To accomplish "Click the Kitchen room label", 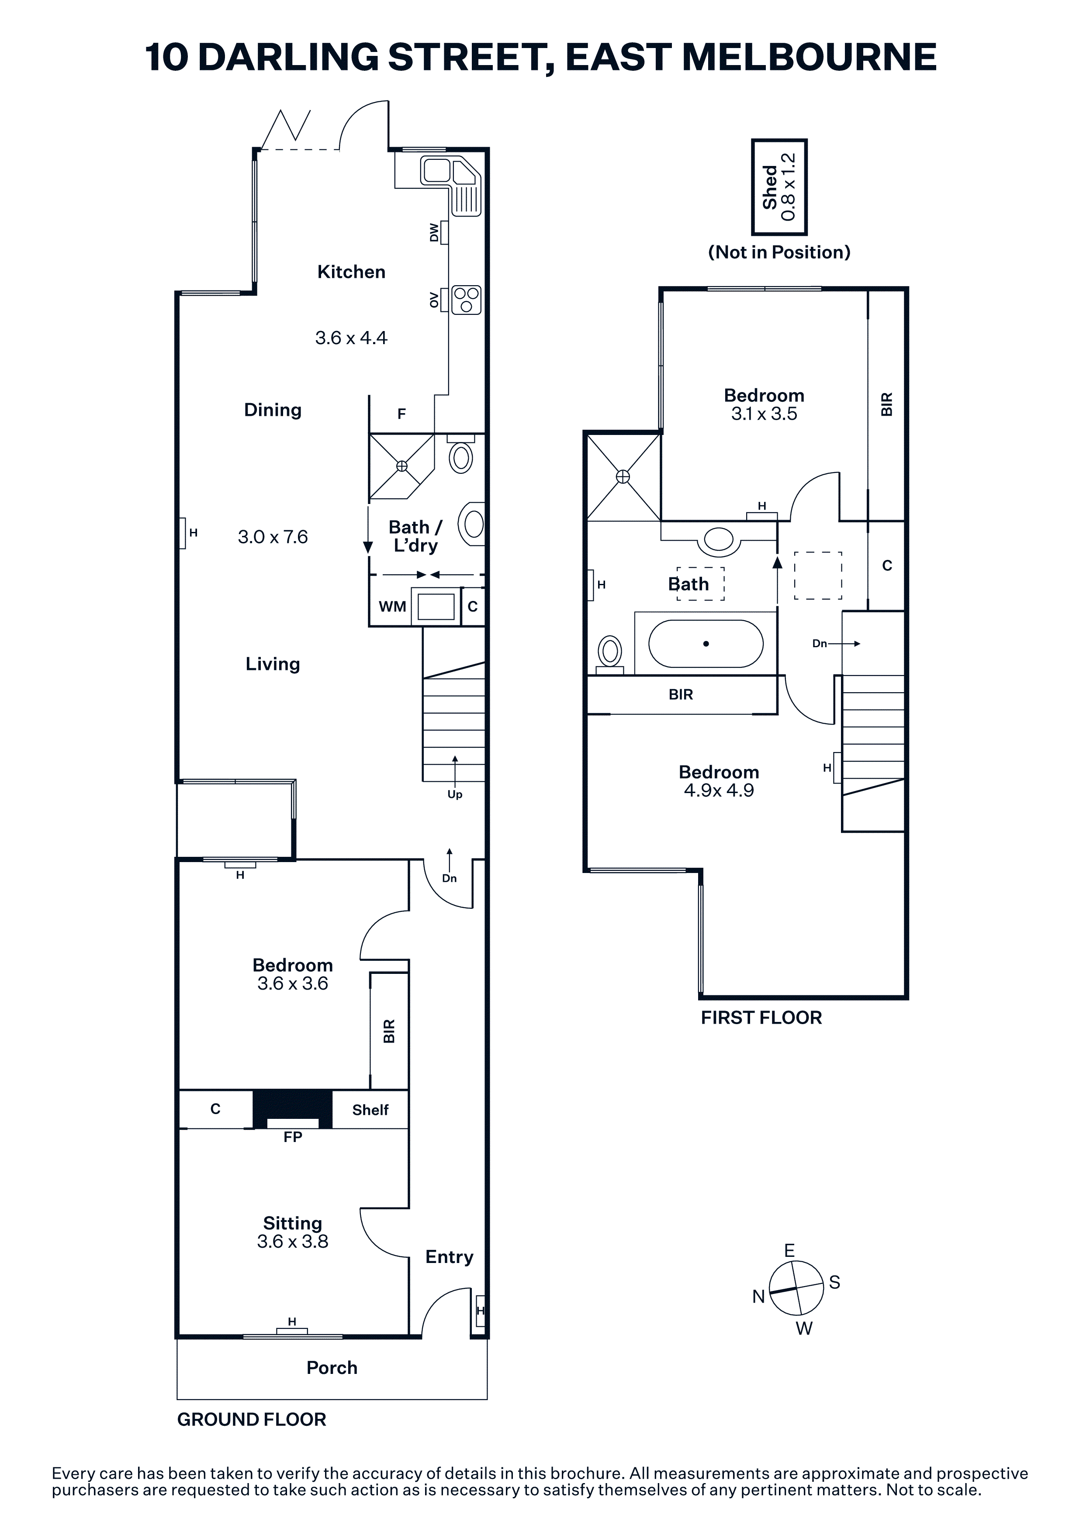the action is [x=351, y=272].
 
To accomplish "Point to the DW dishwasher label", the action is [x=434, y=233].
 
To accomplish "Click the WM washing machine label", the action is [x=392, y=607].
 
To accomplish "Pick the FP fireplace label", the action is [x=292, y=1137].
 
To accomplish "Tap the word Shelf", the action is [x=370, y=1110].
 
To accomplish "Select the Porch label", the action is [x=332, y=1368].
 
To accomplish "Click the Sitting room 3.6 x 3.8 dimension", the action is [x=292, y=1241].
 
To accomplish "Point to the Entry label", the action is [x=449, y=1257].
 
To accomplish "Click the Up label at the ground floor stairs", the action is [x=454, y=794].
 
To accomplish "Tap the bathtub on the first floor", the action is [x=705, y=644].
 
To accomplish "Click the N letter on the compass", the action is [x=758, y=1297].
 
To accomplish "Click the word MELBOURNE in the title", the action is [x=810, y=57].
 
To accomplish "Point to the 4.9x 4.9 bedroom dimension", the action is [x=719, y=791].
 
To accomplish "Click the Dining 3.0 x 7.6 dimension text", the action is [x=273, y=537].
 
